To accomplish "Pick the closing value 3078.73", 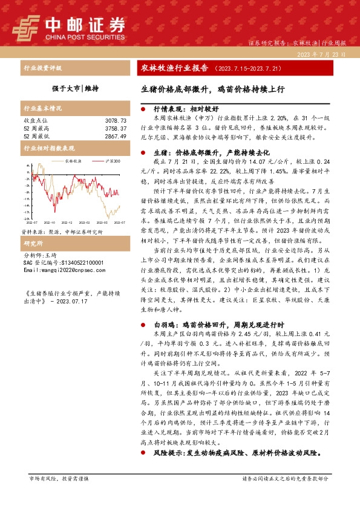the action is click(113, 122).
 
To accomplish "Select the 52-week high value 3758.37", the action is click(113, 129).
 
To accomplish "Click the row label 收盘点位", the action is click(34, 122).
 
